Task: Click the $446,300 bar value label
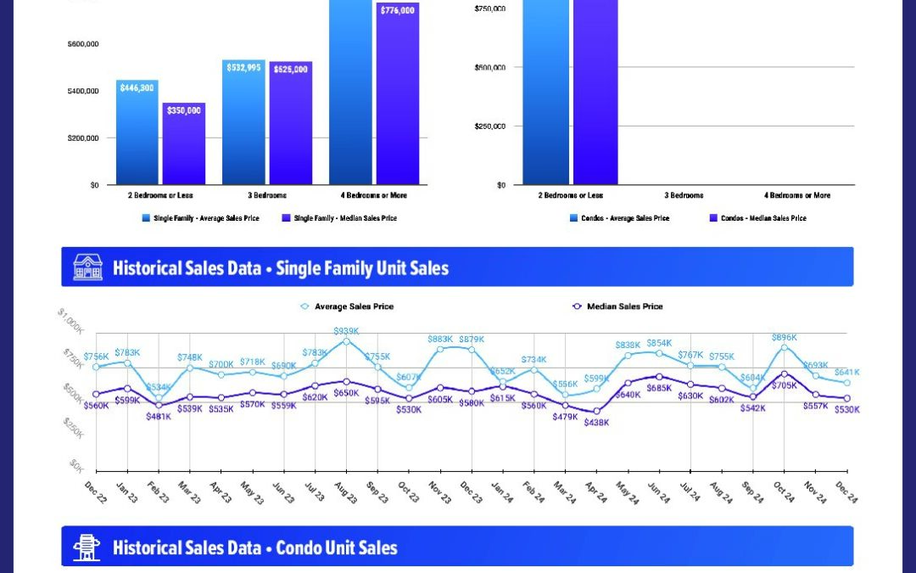click(137, 87)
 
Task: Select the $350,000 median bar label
click(184, 110)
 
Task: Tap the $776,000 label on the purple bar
click(398, 10)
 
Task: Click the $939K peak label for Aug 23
click(345, 331)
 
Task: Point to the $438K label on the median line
click(596, 422)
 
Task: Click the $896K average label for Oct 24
click(785, 337)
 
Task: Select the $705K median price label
click(785, 385)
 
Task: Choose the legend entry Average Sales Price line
click(354, 306)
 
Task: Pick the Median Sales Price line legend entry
click(625, 306)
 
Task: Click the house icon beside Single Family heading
click(87, 267)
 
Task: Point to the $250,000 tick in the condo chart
click(490, 126)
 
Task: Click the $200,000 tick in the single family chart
click(83, 138)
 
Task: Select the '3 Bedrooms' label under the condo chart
click(684, 195)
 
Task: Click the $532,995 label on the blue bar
click(243, 68)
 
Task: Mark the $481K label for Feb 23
click(159, 416)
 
